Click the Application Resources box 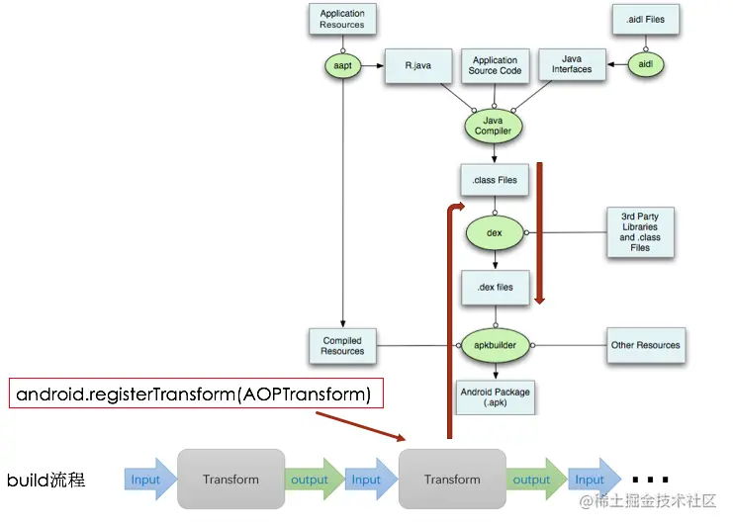point(342,19)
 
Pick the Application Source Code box point(495,65)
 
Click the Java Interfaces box point(571,64)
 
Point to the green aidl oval point(645,64)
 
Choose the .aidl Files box point(645,19)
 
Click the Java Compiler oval point(493,126)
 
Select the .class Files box point(494,180)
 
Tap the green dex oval point(495,232)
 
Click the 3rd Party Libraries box point(640,231)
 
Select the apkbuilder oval point(495,345)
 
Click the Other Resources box point(645,345)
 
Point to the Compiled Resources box point(342,346)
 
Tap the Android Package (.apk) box point(495,397)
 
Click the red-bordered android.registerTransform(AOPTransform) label point(194,394)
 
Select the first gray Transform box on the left point(230,480)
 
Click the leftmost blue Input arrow point(147,480)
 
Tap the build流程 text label point(46,481)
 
